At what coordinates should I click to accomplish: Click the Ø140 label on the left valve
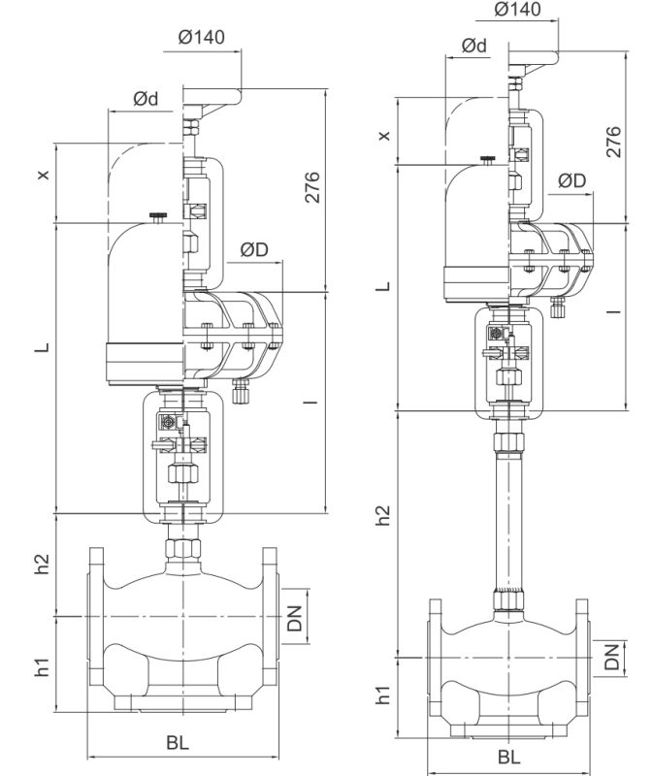pos(202,37)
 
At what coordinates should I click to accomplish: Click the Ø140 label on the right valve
pos(517,10)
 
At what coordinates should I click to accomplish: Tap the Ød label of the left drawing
pos(146,99)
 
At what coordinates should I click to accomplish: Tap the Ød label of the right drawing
pos(473,45)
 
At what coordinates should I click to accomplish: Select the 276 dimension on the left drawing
pos(311,187)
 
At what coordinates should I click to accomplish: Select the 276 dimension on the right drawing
pos(613,142)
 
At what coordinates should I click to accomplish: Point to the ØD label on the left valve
pos(254,249)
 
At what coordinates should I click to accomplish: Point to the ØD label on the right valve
pos(571,180)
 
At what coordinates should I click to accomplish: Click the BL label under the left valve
pos(178,742)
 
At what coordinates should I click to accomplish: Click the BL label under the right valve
pos(509,757)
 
